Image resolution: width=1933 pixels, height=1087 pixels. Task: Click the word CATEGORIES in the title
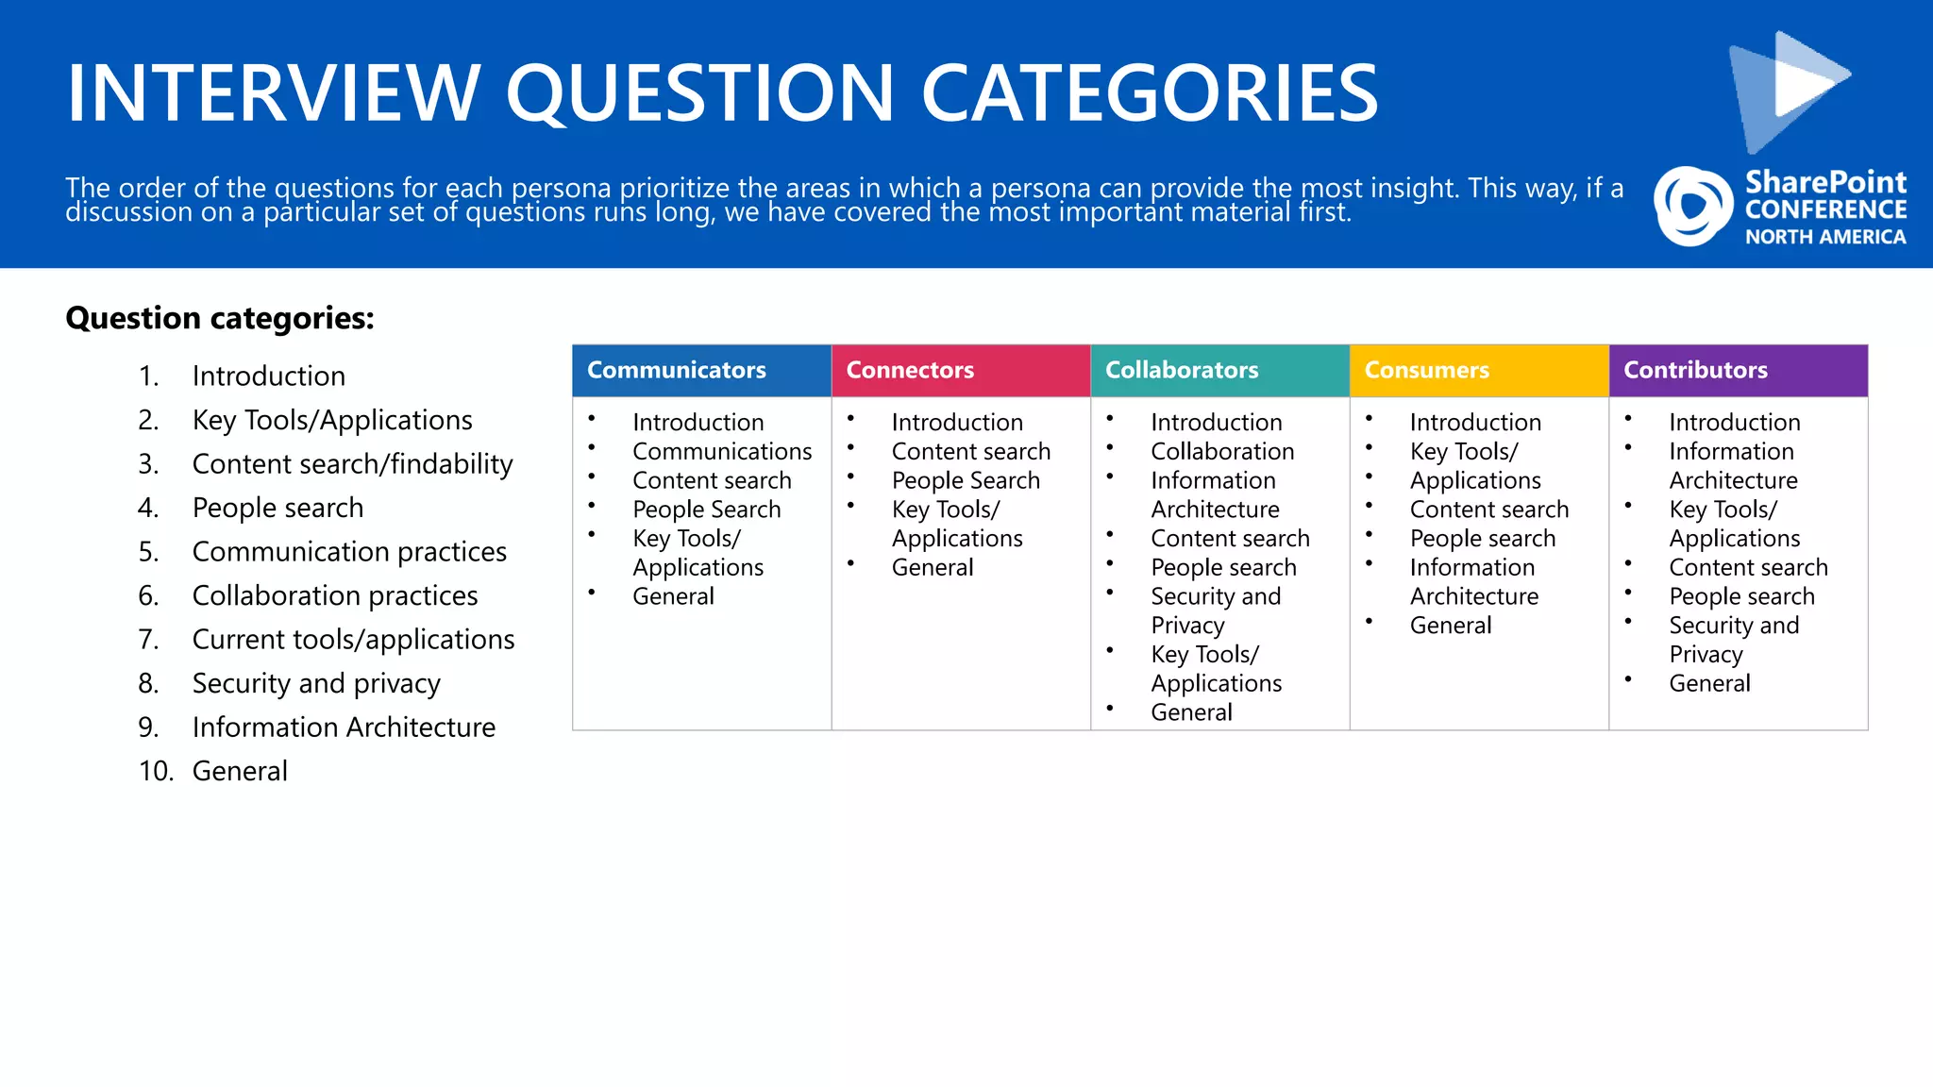(1149, 92)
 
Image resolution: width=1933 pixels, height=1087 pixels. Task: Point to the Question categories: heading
(220, 318)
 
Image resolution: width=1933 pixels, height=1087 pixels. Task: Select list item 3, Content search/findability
(352, 464)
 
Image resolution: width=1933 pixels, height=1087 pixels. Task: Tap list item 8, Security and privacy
(316, 683)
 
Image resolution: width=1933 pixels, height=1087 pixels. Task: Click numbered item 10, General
(240, 771)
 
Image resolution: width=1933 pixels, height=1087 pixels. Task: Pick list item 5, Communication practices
(349, 552)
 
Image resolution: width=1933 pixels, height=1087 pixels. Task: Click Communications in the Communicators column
(722, 451)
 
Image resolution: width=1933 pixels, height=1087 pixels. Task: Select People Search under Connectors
(966, 480)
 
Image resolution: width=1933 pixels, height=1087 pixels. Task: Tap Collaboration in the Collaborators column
(1222, 451)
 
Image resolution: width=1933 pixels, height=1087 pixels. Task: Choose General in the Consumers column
(1451, 626)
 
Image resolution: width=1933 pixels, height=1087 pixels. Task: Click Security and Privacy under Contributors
(1733, 639)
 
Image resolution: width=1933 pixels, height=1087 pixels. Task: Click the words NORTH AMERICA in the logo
(1824, 237)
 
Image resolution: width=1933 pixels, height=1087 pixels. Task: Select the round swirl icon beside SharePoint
(1693, 207)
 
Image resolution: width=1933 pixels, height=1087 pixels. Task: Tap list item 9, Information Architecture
(344, 727)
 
